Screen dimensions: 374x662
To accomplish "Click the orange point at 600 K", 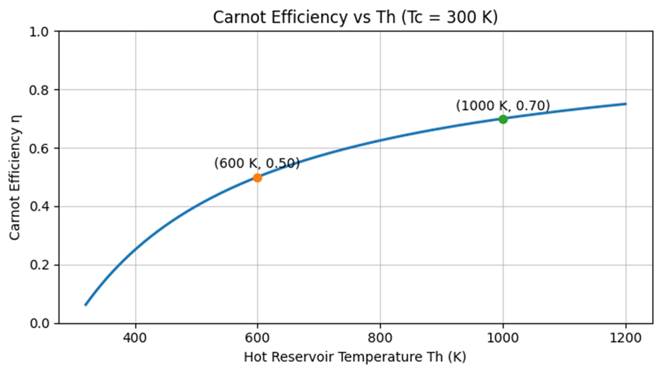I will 258,177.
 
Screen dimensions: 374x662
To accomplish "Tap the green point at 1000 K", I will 503,119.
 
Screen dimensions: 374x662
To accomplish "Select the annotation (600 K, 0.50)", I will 257,163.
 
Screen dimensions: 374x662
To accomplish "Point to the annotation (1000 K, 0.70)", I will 503,106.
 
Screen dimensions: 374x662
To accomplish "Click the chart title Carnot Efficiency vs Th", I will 355,18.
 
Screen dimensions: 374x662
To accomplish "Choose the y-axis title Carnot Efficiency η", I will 15,178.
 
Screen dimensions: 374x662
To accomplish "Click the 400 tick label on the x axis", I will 135,338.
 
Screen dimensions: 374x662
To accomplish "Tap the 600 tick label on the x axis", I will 258,338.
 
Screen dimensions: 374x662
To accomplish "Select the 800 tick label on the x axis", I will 380,338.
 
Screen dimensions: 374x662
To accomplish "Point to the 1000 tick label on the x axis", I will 503,338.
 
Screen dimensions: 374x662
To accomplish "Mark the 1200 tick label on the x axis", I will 625,338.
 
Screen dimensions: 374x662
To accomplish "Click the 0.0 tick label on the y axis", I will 41,323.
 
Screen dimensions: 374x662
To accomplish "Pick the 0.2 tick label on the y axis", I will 41,265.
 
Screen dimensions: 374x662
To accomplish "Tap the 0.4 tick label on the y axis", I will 41,206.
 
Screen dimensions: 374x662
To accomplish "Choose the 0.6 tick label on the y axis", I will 41,149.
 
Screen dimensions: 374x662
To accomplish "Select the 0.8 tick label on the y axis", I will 41,90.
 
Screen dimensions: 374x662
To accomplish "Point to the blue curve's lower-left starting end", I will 86,304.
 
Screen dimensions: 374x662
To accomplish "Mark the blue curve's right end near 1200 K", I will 625,104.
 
